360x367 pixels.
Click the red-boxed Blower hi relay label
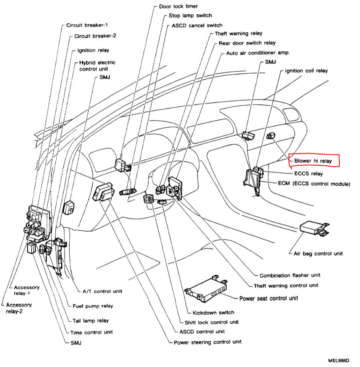click(x=314, y=161)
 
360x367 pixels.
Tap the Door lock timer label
click(x=178, y=7)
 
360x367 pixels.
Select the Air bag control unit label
click(x=318, y=254)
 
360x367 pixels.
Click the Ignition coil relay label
click(x=306, y=71)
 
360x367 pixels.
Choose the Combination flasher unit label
click(x=290, y=275)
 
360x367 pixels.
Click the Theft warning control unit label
click(x=286, y=286)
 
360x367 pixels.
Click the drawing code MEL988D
click(x=339, y=361)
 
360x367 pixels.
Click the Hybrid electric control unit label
click(x=97, y=66)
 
